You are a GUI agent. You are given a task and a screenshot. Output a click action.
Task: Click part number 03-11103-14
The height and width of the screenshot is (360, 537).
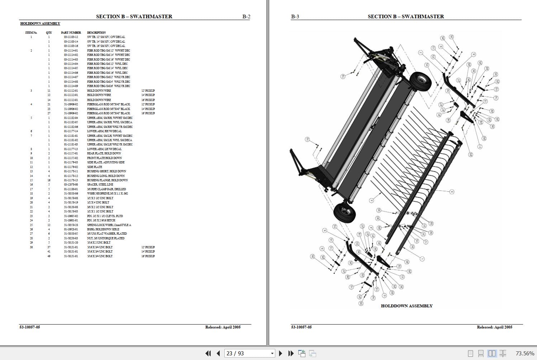pyautogui.click(x=71, y=42)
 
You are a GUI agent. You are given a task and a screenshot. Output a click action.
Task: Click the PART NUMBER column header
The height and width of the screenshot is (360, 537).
pyautogui.click(x=71, y=33)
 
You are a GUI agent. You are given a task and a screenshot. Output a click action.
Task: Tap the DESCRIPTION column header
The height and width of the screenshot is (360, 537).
pyautogui.click(x=96, y=33)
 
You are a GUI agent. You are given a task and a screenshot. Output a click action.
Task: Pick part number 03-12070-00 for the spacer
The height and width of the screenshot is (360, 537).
pyautogui.click(x=71, y=184)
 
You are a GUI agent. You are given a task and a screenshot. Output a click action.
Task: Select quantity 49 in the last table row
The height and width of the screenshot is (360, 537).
pyautogui.click(x=49, y=256)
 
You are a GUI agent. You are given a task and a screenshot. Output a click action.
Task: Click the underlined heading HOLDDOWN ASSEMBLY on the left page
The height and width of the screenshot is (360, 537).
pyautogui.click(x=40, y=24)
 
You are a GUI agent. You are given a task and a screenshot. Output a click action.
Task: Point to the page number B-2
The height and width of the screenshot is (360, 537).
pyautogui.click(x=246, y=16)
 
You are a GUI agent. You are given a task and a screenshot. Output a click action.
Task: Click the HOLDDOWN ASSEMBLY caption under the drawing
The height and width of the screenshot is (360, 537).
pyautogui.click(x=407, y=306)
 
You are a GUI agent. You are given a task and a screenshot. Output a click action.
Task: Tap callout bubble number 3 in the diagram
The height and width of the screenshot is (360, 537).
pyautogui.click(x=452, y=192)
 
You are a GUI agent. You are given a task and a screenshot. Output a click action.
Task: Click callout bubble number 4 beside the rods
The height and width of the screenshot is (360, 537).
pyautogui.click(x=371, y=201)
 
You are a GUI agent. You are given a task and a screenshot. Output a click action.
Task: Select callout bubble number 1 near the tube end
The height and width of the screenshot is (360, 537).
pyautogui.click(x=422, y=259)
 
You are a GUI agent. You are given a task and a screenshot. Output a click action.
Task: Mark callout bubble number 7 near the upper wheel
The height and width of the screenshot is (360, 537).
pyautogui.click(x=420, y=53)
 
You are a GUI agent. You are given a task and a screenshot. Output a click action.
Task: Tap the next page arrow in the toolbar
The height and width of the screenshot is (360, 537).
pyautogui.click(x=281, y=353)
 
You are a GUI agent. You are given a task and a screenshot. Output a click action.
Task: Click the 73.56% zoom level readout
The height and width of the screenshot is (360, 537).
pyautogui.click(x=524, y=353)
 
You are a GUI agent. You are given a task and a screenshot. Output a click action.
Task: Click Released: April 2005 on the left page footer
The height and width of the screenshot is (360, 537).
pyautogui.click(x=223, y=327)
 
